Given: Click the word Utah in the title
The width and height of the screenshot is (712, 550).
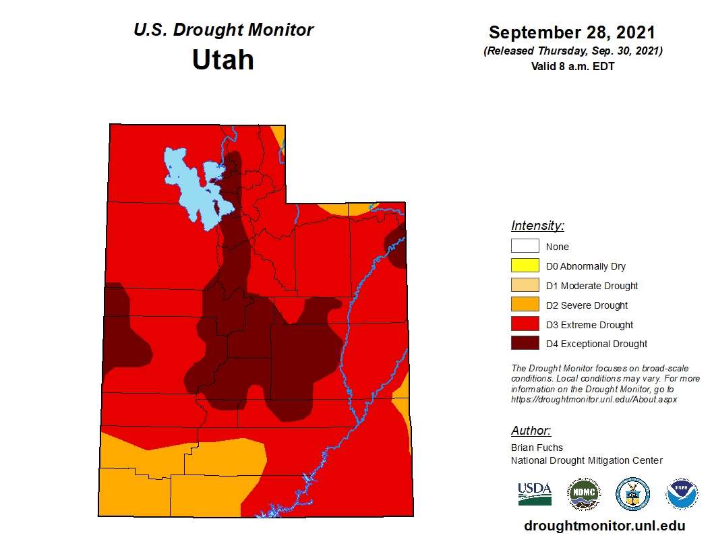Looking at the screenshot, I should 222,60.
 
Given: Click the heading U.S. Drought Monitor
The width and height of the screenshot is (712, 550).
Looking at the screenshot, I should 223,30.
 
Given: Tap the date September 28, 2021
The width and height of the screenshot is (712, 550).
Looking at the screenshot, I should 572,32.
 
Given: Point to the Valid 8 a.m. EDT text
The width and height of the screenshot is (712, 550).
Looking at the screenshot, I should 572,66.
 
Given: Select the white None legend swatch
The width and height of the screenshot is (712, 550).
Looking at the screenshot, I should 525,247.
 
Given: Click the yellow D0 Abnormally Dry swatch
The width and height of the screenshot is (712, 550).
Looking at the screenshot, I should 525,266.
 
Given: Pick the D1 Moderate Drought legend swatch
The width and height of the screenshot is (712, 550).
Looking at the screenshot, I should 525,286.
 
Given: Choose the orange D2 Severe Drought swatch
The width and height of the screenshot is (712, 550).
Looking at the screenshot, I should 525,305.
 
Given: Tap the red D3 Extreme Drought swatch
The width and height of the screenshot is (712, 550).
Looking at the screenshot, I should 525,325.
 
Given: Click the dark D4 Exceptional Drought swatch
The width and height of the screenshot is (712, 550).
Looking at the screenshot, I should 525,344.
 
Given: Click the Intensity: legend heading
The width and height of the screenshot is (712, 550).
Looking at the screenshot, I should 537,226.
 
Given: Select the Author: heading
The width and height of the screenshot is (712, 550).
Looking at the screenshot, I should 531,431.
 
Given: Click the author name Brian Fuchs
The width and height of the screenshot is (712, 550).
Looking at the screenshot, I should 537,448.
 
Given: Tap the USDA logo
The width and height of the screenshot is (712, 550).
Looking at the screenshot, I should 535,494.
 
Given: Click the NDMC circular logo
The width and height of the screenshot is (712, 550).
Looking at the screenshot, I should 583,495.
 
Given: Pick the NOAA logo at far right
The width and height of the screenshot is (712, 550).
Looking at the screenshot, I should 682,495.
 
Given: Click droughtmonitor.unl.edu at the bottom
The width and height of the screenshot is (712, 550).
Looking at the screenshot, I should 604,526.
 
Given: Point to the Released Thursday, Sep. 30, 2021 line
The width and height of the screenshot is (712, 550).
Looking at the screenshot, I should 572,51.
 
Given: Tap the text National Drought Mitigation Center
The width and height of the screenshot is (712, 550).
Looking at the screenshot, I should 587,460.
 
